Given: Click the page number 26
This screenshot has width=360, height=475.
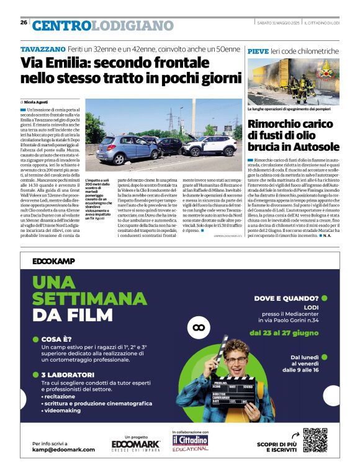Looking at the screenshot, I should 24,22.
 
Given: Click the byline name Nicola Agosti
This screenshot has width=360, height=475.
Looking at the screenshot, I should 37,101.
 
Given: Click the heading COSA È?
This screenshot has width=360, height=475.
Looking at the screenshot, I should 60,339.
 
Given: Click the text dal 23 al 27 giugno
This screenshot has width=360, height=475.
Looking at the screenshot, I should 285,332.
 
